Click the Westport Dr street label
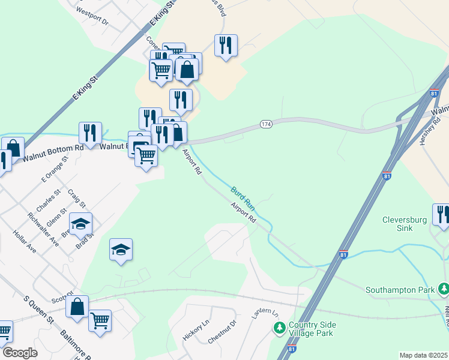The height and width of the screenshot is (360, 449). click(92, 16)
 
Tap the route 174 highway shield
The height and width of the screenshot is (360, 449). click(267, 124)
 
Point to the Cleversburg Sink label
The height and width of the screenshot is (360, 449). click(405, 224)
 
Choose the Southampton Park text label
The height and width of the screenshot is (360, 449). click(400, 290)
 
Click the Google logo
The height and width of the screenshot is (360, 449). click(20, 353)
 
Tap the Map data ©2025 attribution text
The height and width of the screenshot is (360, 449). click(424, 355)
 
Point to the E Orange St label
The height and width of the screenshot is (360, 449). click(52, 172)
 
